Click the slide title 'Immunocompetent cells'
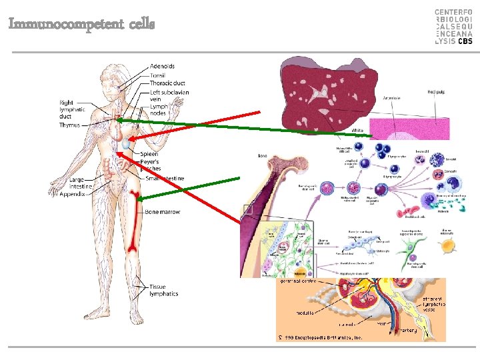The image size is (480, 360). coord(81,24)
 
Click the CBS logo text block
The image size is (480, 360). coord(453,27)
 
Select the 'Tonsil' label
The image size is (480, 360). coord(158,75)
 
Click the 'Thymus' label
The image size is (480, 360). coord(69,125)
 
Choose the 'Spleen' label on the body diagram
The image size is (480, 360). coord(149,154)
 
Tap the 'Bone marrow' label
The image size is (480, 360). coord(162,212)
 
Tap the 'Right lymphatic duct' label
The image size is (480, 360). coord(72,109)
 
